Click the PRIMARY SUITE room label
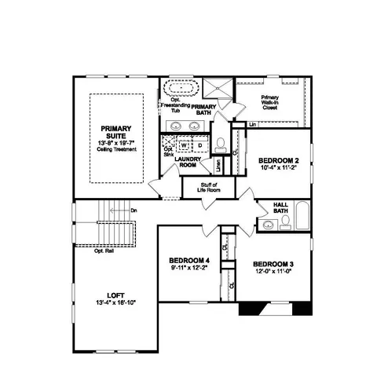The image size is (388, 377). coord(117,130)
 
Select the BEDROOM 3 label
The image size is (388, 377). coord(273,264)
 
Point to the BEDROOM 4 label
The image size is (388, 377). coord(189,261)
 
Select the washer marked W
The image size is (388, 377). coord(184,145)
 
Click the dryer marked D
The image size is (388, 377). coord(199,145)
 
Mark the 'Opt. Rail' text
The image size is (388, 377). coord(104,251)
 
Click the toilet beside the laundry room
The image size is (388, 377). coord(222,144)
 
